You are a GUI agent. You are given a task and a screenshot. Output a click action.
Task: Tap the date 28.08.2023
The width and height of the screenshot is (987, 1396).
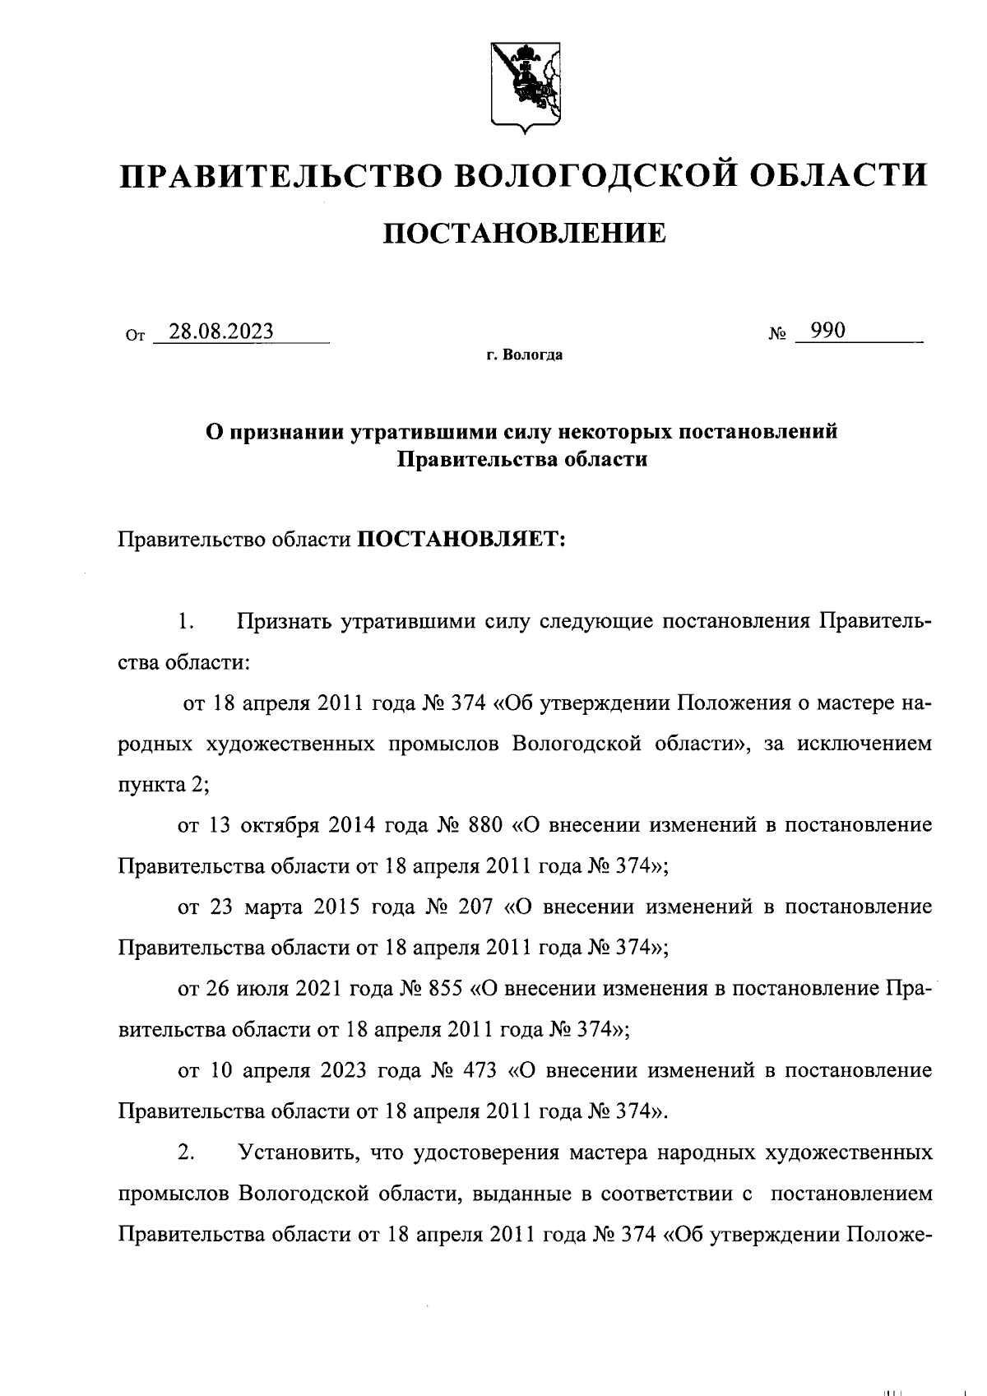click(x=220, y=332)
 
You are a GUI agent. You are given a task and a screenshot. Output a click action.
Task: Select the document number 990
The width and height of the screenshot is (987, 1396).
click(x=827, y=331)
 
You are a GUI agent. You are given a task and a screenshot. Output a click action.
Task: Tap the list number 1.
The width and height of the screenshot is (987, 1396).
click(x=186, y=622)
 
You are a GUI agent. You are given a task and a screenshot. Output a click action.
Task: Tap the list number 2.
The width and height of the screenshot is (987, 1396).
click(x=186, y=1153)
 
